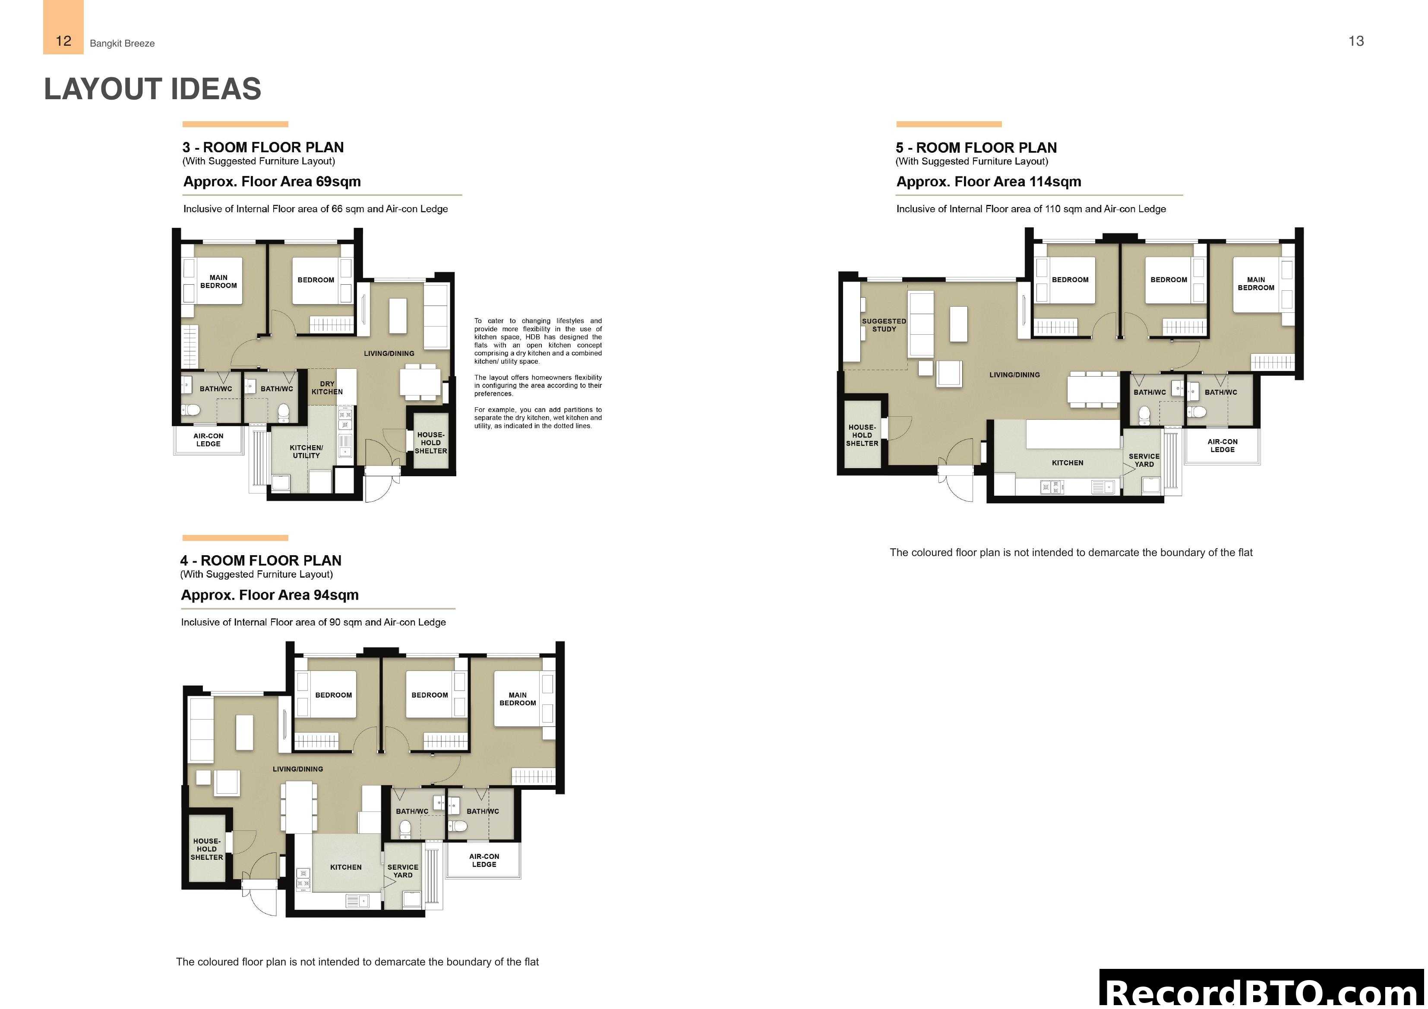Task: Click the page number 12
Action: click(63, 41)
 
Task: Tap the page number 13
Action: click(1356, 41)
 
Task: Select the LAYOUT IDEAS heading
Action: click(152, 89)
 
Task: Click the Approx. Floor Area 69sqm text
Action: click(272, 182)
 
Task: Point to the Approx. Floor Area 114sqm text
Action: click(988, 182)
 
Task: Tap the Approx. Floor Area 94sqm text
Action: click(269, 595)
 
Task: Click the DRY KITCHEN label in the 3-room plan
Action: click(327, 388)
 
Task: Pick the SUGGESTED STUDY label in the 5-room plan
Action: click(884, 325)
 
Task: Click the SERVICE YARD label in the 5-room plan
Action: click(1144, 460)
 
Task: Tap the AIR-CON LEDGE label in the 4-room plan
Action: click(484, 861)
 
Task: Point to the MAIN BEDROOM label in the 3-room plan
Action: click(218, 282)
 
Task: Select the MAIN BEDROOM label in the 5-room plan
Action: click(1256, 283)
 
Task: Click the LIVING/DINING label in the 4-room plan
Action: click(298, 769)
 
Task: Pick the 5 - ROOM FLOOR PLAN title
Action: click(976, 148)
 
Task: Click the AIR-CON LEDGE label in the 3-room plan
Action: click(209, 440)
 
